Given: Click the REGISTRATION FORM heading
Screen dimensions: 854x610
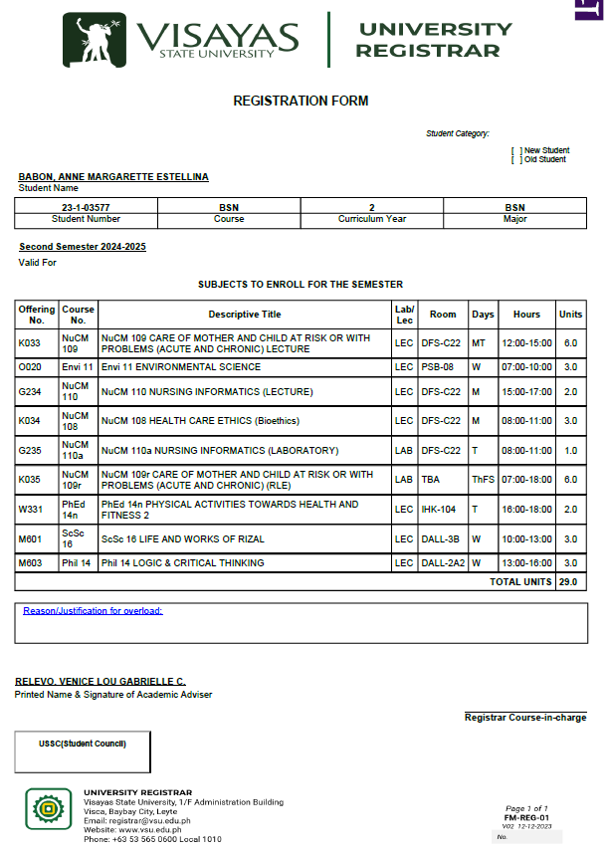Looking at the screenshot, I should (x=301, y=101).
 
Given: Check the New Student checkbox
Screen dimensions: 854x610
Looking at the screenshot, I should (x=516, y=150).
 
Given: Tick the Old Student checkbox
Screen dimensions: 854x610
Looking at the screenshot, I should (x=516, y=159).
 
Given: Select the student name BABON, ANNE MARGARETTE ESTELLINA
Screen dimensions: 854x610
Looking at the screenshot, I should (x=113, y=177).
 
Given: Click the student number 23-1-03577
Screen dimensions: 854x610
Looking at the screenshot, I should (x=86, y=208).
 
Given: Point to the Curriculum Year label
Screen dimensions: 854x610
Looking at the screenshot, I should (x=371, y=218).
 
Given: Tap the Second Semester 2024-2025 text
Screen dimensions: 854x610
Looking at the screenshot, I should (x=83, y=247).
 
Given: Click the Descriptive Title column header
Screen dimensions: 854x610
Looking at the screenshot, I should (x=245, y=315).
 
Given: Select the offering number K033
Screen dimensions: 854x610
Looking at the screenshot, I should (x=30, y=342).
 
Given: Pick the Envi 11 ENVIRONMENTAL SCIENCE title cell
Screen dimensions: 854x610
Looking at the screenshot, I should (x=181, y=367).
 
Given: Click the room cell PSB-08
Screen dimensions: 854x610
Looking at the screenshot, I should (x=437, y=367).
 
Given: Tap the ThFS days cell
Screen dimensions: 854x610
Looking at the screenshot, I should (x=483, y=479).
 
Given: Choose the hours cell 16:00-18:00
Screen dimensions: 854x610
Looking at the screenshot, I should (x=526, y=509).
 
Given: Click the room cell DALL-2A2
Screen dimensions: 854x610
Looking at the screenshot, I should (x=443, y=563).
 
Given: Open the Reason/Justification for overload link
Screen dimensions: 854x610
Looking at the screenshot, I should (x=93, y=611).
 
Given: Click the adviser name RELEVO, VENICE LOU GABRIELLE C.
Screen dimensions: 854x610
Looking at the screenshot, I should (x=101, y=682).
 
